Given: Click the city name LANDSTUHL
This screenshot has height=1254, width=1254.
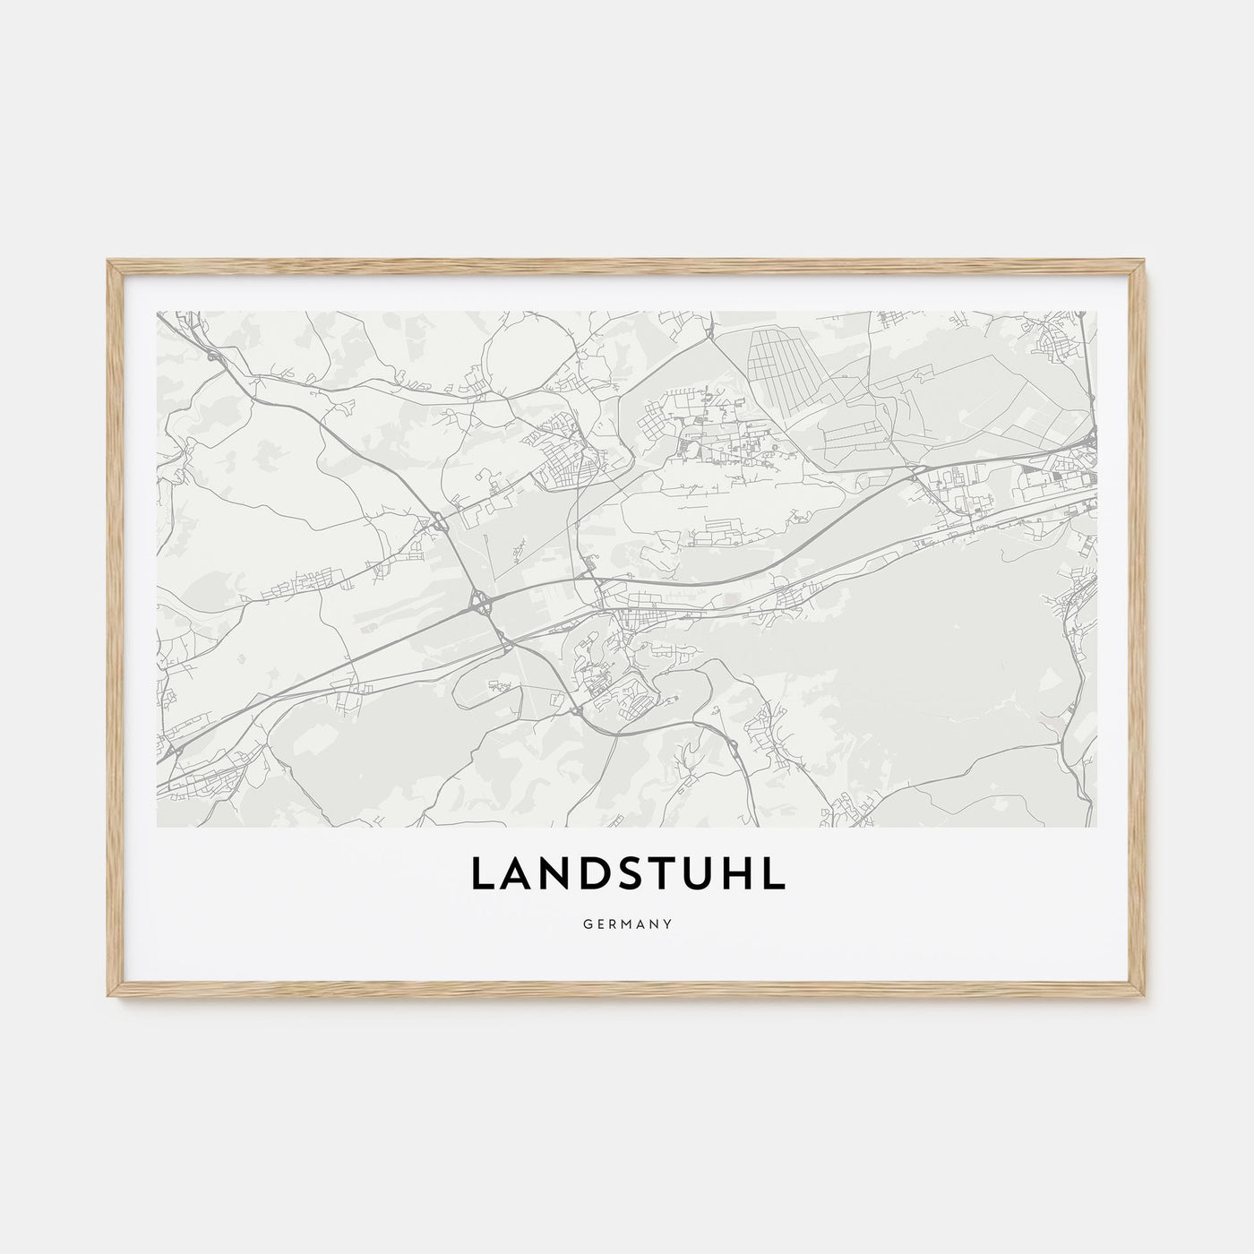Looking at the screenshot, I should [627, 875].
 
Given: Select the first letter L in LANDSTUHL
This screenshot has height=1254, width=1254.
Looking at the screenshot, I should [479, 875].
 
